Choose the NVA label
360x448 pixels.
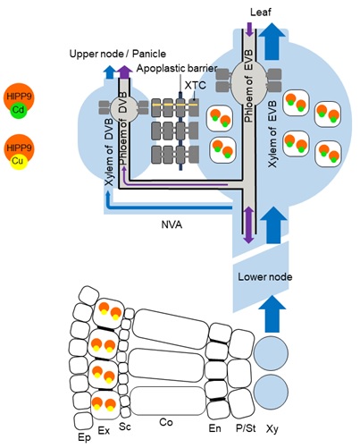(x=172, y=225)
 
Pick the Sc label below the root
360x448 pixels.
(x=126, y=427)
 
